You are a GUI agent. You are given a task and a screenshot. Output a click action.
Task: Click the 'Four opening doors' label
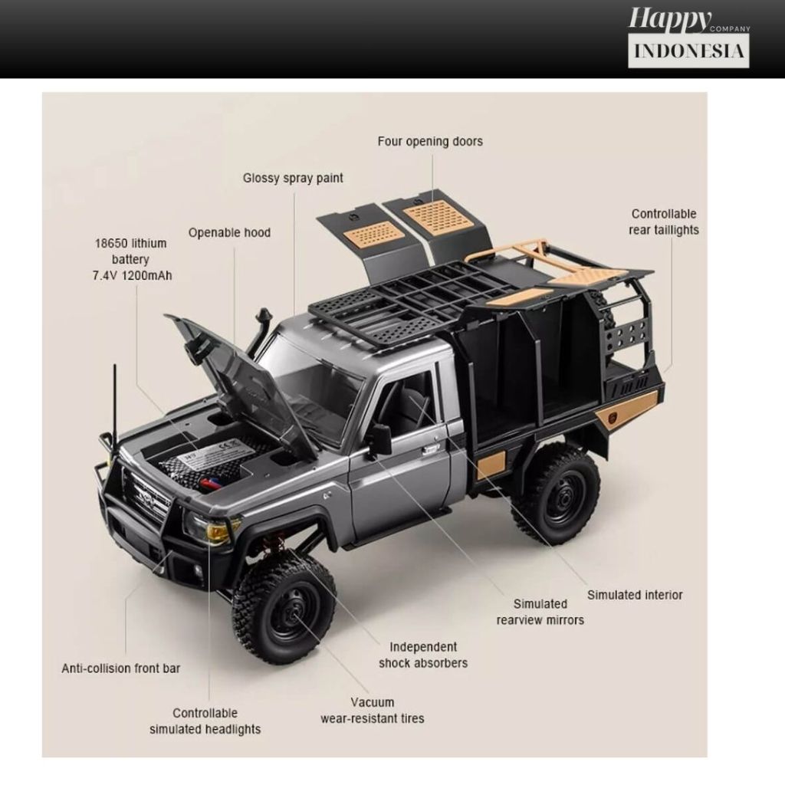click(430, 141)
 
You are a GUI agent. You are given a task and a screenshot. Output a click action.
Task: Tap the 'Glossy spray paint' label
click(293, 178)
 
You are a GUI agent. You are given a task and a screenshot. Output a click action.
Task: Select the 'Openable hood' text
click(229, 232)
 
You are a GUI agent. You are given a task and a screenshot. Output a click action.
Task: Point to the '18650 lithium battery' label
click(130, 259)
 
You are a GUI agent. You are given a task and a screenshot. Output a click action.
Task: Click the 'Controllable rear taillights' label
click(664, 222)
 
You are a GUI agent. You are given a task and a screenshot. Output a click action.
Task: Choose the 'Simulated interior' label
click(635, 594)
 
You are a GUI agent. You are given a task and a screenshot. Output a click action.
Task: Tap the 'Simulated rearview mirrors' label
click(540, 612)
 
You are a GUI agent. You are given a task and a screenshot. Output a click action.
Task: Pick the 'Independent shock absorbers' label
click(422, 655)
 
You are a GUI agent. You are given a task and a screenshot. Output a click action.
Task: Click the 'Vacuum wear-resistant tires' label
click(372, 710)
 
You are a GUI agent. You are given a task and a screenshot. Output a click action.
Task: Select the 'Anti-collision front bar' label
click(121, 668)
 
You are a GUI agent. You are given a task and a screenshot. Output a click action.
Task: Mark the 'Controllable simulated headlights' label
click(205, 721)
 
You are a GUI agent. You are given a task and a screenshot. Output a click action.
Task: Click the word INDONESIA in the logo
click(688, 51)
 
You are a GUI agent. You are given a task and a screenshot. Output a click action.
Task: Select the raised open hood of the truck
click(245, 383)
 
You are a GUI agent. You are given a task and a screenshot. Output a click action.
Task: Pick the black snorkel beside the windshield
click(261, 330)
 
